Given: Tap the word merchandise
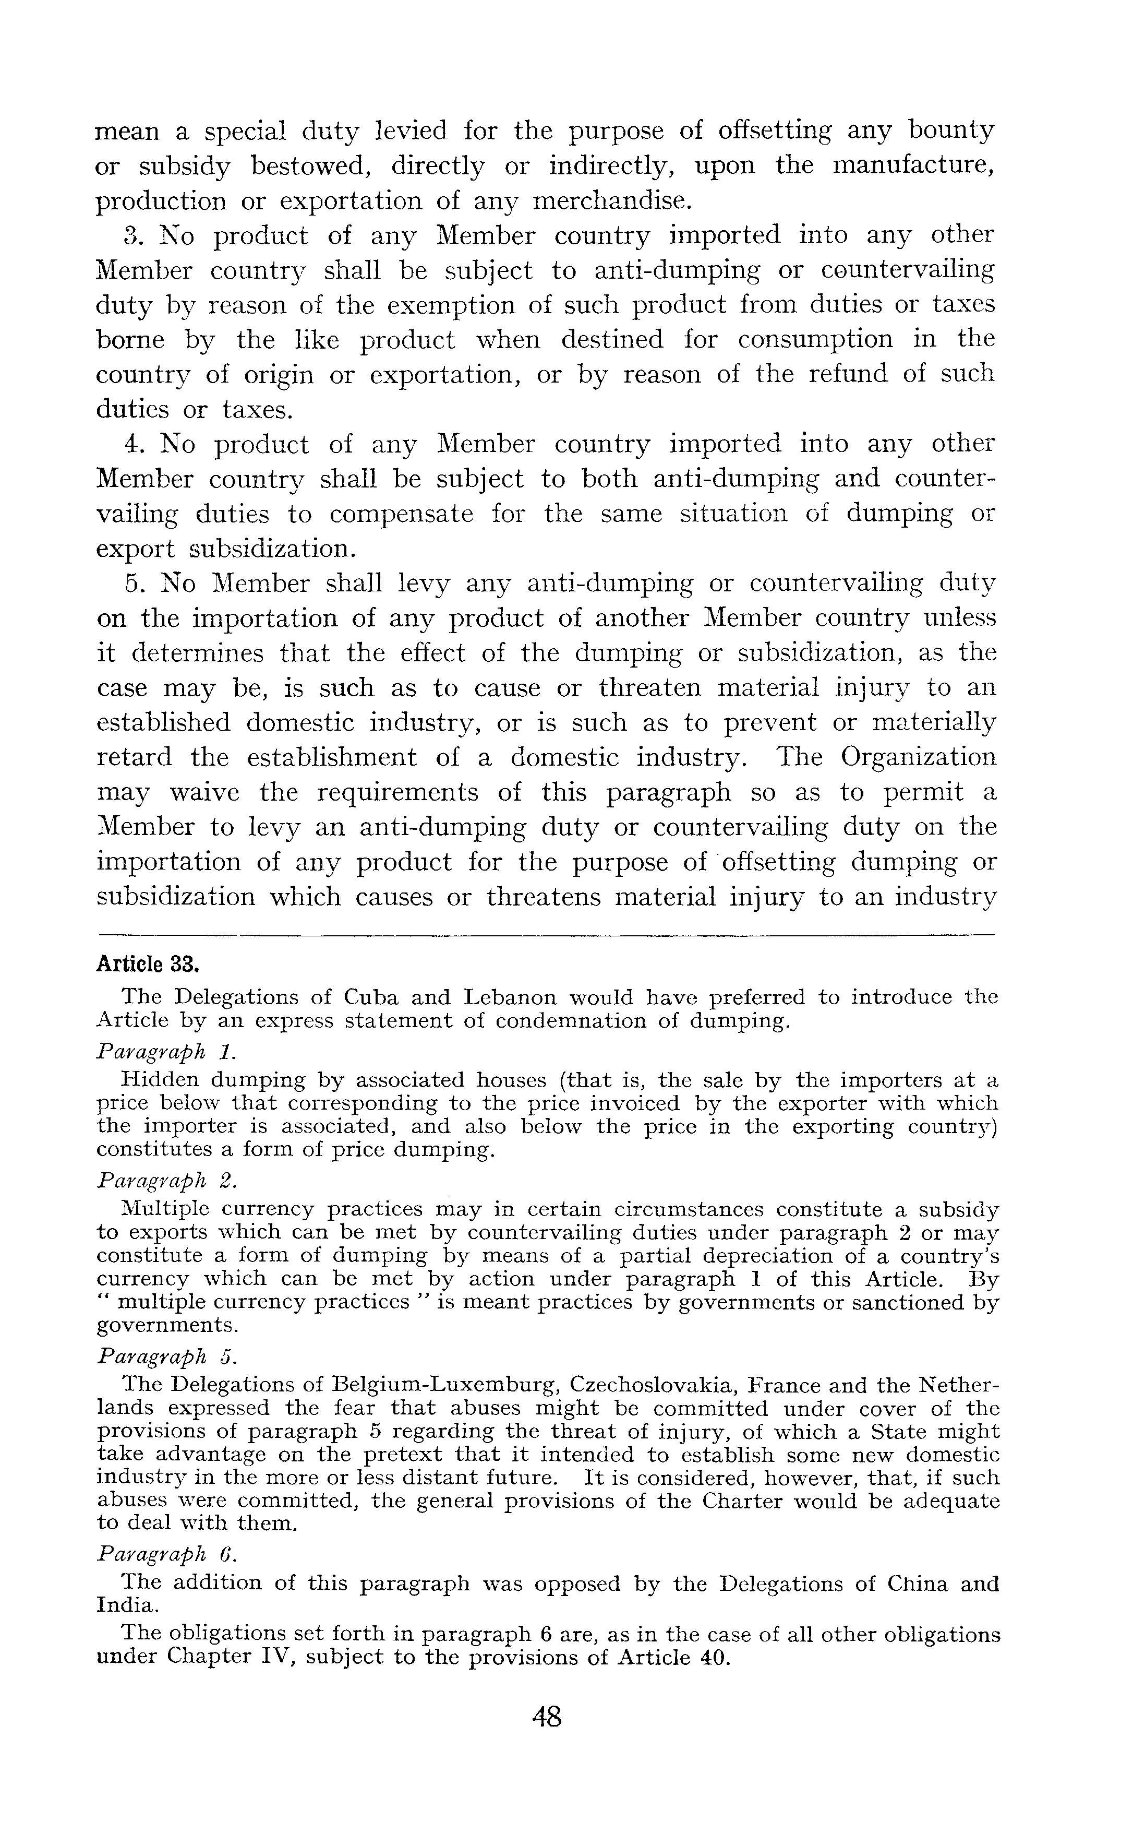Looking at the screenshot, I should (612, 201).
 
